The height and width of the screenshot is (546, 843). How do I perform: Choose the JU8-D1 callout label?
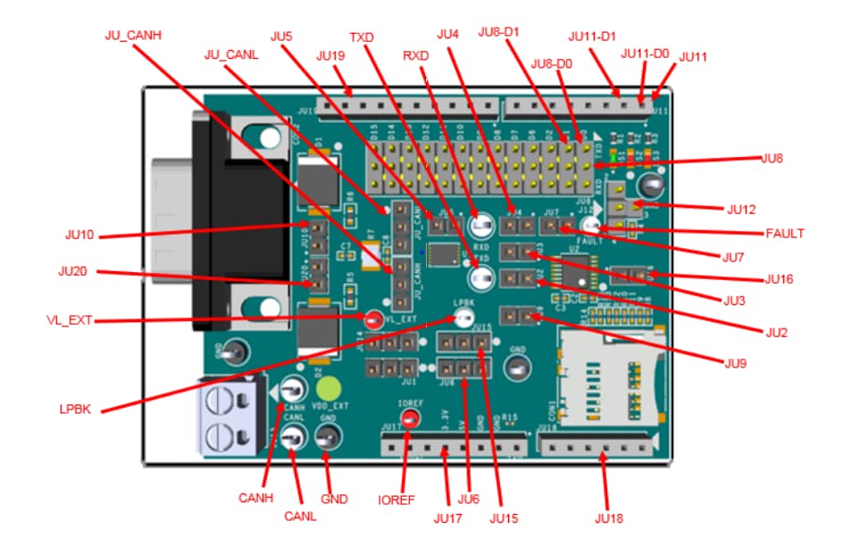point(500,33)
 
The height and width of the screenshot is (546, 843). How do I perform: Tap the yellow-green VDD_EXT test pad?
point(330,390)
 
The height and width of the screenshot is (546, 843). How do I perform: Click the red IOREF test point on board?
point(410,419)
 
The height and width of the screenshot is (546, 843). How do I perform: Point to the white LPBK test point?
point(463,318)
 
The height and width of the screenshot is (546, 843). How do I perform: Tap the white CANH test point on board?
point(292,391)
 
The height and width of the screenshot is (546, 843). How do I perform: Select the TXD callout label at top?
point(362,38)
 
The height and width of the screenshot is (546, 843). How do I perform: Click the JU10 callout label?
point(79,236)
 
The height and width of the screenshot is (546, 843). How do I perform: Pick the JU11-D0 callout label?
point(646,54)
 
